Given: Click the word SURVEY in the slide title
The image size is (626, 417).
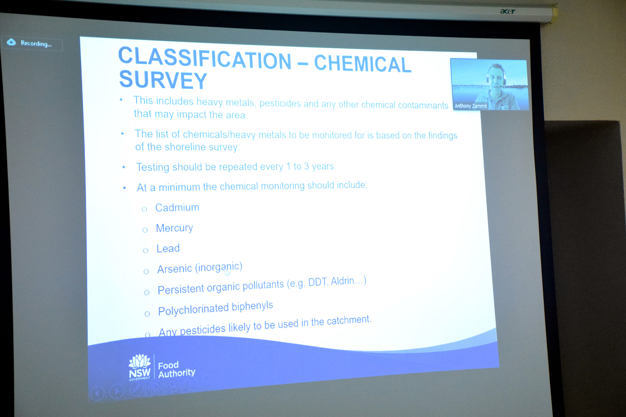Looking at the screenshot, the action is (163, 80).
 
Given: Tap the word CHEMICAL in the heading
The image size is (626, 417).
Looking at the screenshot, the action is (363, 64).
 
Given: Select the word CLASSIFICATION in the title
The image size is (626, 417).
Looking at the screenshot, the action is (204, 58).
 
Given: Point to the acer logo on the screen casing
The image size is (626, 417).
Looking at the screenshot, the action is (508, 11).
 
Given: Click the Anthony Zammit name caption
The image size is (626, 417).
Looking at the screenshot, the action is (471, 106).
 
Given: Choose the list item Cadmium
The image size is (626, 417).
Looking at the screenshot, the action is (177, 207).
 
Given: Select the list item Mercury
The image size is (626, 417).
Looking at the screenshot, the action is (175, 228).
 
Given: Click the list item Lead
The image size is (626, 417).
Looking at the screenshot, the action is (168, 248).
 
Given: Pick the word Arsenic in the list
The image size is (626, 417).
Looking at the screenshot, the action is (175, 269).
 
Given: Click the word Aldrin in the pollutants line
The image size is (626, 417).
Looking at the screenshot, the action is (343, 281).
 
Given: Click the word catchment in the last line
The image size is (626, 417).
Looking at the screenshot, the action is (349, 320).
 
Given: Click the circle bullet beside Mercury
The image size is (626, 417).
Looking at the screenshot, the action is (145, 230).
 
